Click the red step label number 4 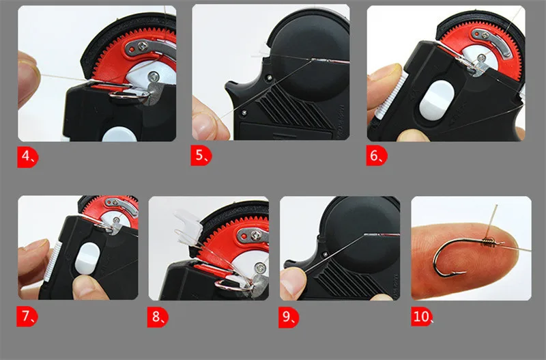tap(28, 157)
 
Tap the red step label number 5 tap(201, 156)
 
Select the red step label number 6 tap(377, 156)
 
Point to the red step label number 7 tap(27, 317)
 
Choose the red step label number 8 tap(158, 317)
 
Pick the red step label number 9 tap(289, 317)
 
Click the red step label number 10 tap(422, 317)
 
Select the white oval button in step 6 tap(437, 100)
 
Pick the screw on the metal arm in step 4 tap(142, 46)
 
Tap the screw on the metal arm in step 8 tap(257, 235)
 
